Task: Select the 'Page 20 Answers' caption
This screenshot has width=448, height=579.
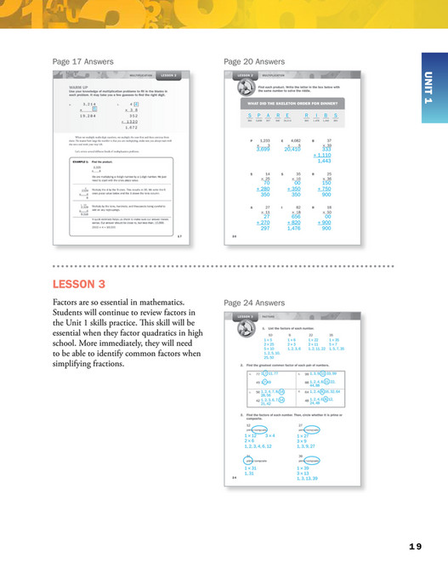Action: click(254, 62)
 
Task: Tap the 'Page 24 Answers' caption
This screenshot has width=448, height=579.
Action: click(254, 302)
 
